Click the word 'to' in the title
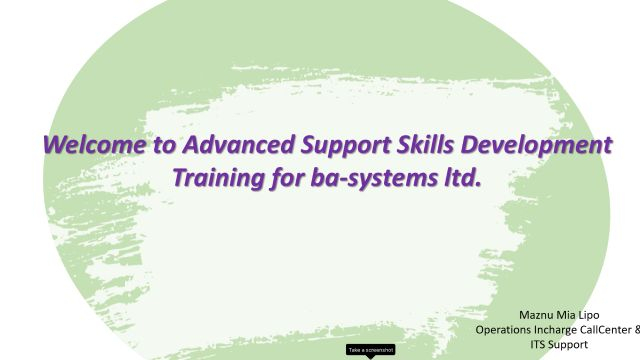pyautogui.click(x=164, y=145)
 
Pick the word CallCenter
pyautogui.click(x=610, y=329)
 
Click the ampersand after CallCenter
pyautogui.click(x=636, y=329)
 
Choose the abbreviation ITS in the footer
pyautogui.click(x=537, y=344)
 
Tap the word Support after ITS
pyautogui.click(x=572, y=344)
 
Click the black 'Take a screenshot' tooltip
pyautogui.click(x=371, y=350)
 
